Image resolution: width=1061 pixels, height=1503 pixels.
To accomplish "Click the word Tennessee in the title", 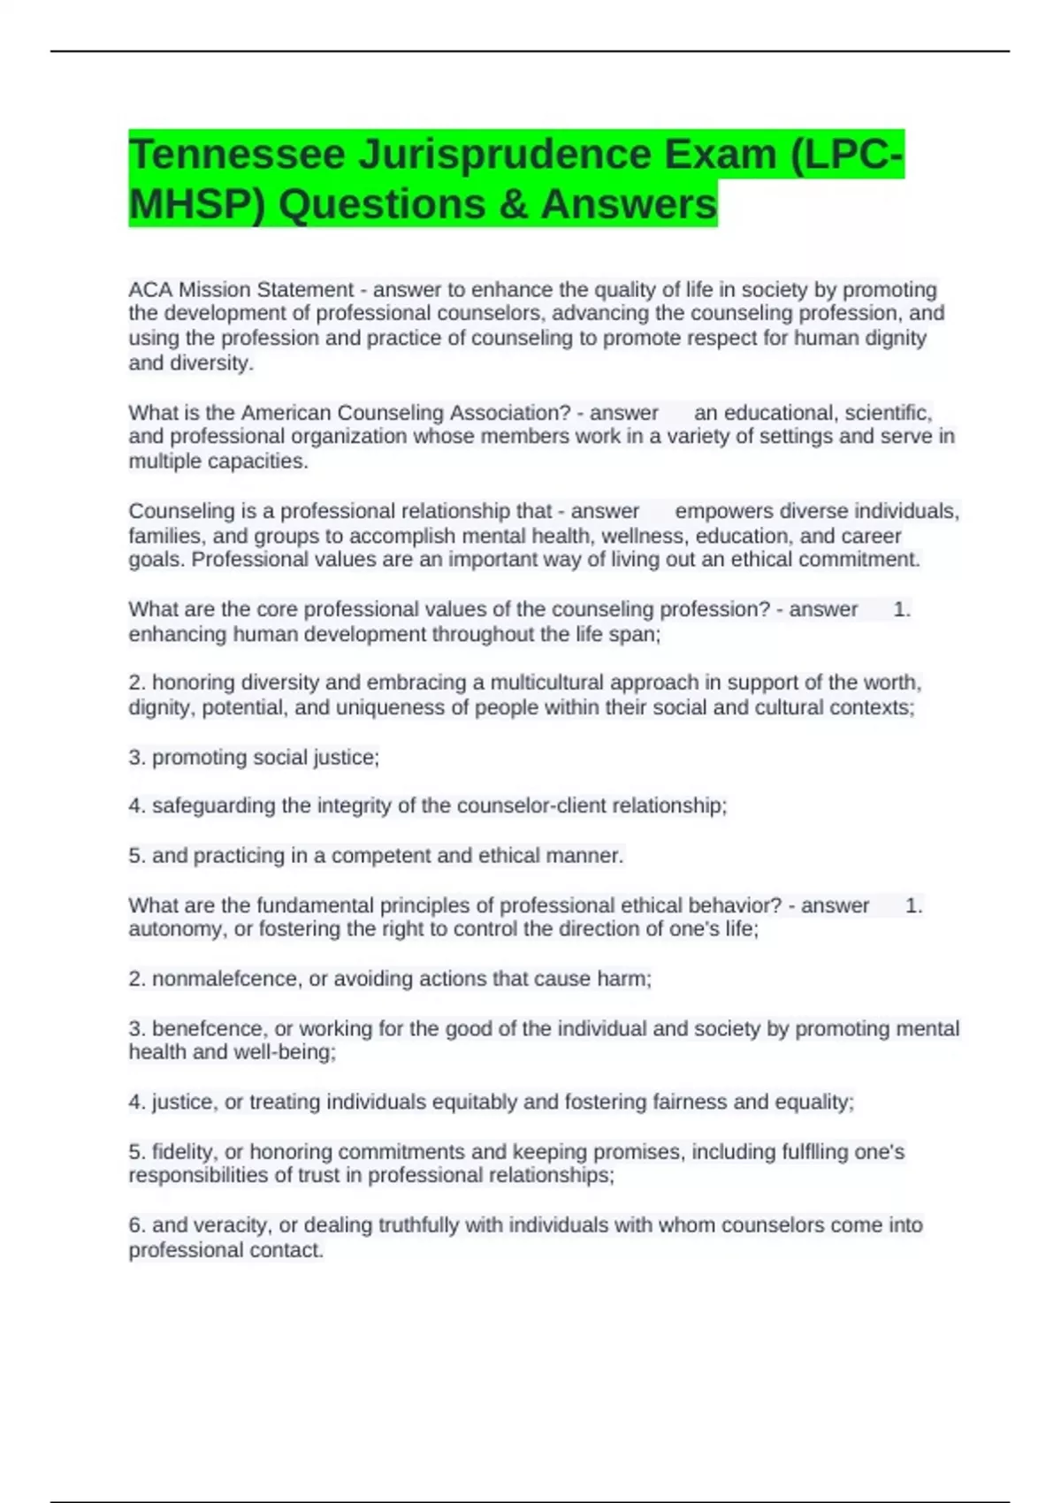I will [237, 155].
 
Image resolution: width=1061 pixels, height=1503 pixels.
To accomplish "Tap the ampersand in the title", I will [513, 204].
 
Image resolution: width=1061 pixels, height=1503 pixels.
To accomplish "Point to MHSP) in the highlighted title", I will [196, 204].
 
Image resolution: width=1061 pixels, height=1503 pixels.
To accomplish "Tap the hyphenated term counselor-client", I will [520, 805].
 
